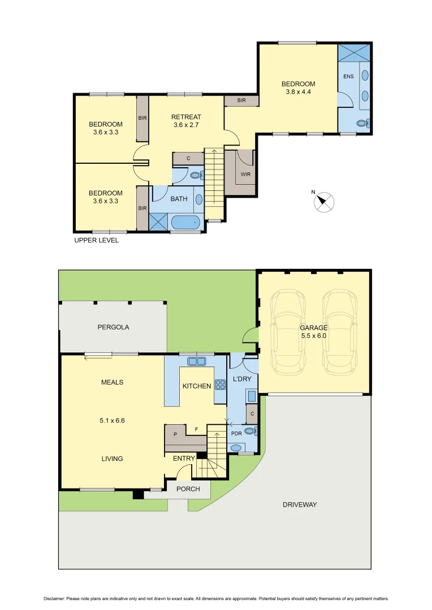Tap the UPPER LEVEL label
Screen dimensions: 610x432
point(97,240)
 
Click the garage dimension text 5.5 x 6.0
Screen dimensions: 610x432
point(313,335)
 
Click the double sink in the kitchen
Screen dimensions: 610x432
point(196,361)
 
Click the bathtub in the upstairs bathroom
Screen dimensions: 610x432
point(186,223)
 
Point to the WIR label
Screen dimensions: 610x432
point(245,175)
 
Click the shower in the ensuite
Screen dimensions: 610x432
point(355,53)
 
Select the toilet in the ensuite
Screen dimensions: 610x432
point(364,123)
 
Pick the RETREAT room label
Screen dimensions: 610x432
point(186,117)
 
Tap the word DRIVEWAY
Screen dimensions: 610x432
point(300,504)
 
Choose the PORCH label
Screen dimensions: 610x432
point(188,489)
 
